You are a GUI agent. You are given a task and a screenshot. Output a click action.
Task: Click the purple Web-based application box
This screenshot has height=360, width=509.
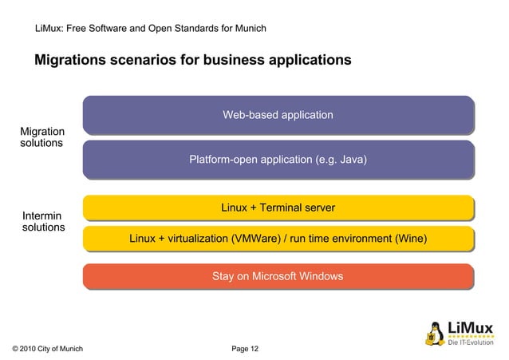point(278,115)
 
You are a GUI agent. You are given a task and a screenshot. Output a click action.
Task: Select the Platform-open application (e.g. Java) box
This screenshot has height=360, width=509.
point(278,160)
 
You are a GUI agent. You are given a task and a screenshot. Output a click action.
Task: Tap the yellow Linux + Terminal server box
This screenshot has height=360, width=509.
point(278,208)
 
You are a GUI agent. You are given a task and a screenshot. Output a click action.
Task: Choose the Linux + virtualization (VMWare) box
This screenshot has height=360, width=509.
point(278,239)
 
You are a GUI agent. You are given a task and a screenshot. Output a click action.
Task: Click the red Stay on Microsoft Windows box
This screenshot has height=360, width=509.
point(278,277)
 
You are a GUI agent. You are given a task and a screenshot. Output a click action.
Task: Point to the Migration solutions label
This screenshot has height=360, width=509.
point(42,136)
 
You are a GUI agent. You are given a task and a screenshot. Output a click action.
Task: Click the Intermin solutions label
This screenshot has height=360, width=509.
point(43,221)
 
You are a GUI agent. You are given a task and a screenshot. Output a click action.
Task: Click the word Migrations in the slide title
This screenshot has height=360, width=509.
point(70,60)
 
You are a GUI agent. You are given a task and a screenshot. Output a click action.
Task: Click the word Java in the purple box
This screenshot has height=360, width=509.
point(351,160)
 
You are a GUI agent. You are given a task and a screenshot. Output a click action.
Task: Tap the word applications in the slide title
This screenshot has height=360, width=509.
point(307,60)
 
